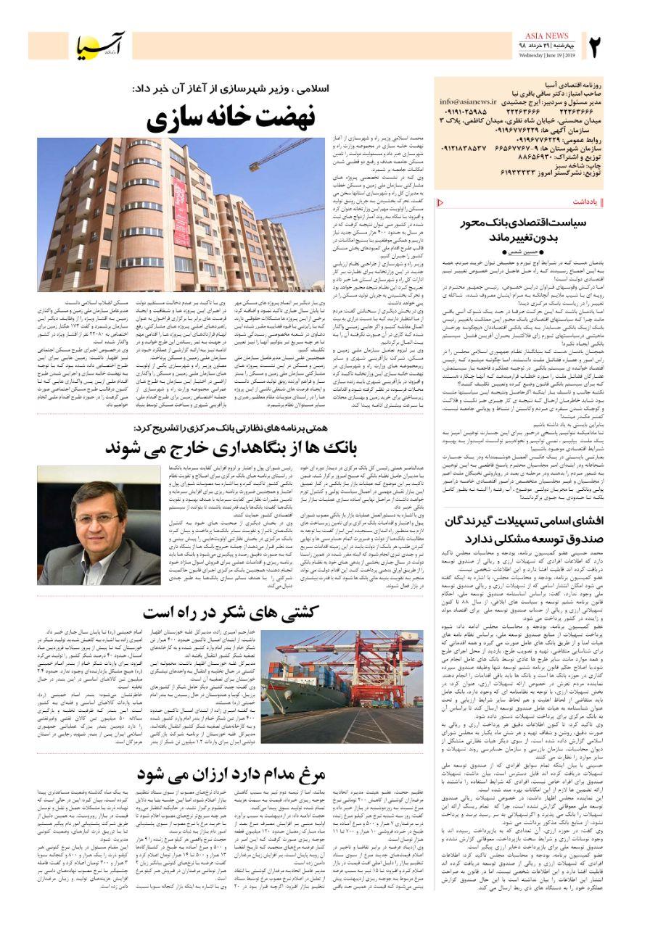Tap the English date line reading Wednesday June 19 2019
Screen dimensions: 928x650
546,54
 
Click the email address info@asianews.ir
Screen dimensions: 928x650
469,102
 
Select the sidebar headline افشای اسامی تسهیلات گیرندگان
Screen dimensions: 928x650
537,521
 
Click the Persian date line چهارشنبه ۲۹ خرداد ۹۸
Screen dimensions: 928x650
546,45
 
